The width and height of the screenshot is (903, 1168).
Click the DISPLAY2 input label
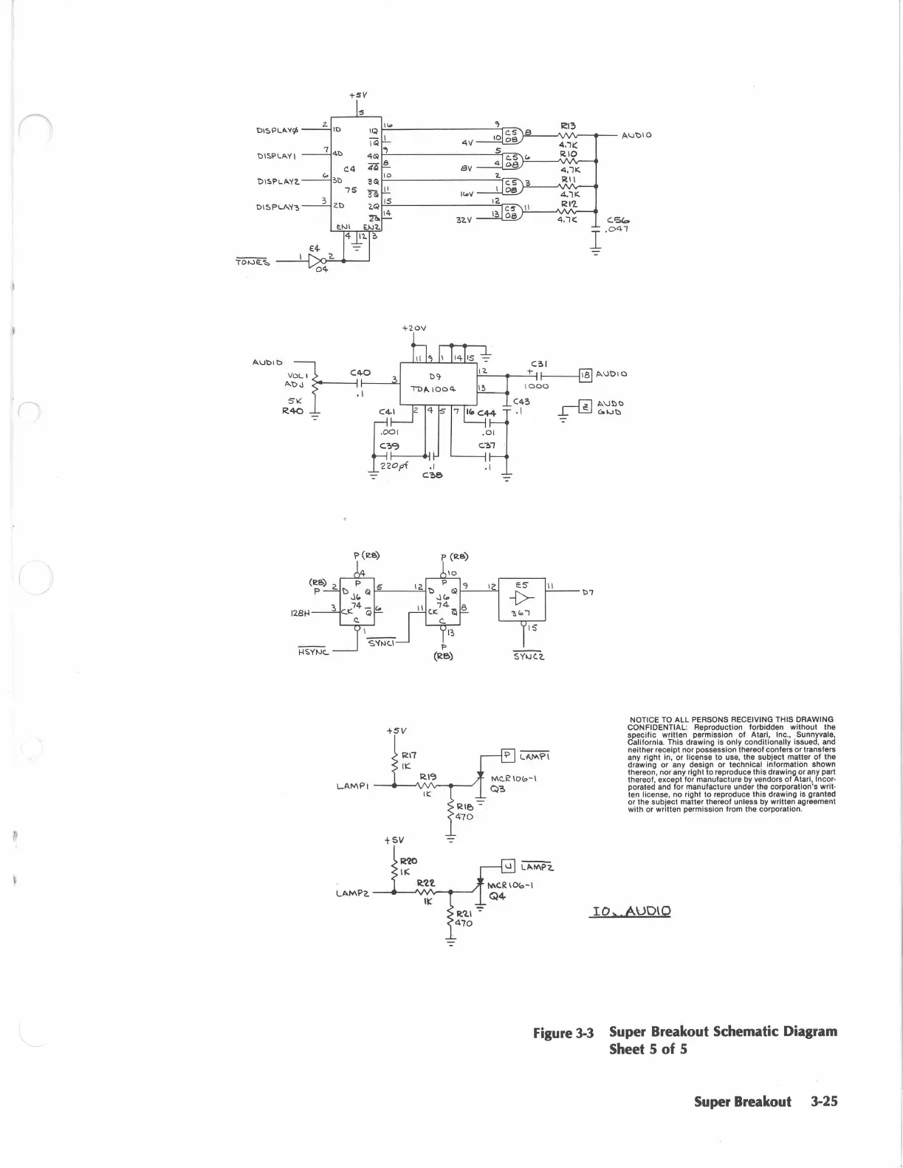click(278, 182)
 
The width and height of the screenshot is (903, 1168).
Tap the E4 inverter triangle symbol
click(317, 262)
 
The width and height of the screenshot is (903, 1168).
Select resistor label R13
click(568, 126)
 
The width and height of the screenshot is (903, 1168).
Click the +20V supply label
click(414, 328)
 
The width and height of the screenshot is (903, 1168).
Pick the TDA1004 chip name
click(433, 388)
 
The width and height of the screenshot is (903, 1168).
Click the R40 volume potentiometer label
click(292, 411)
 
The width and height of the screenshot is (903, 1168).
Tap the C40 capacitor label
click(360, 373)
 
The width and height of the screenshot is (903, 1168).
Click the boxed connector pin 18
click(586, 374)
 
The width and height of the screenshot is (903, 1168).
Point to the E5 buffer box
click(523, 600)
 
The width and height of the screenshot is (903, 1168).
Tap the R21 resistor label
click(464, 913)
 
